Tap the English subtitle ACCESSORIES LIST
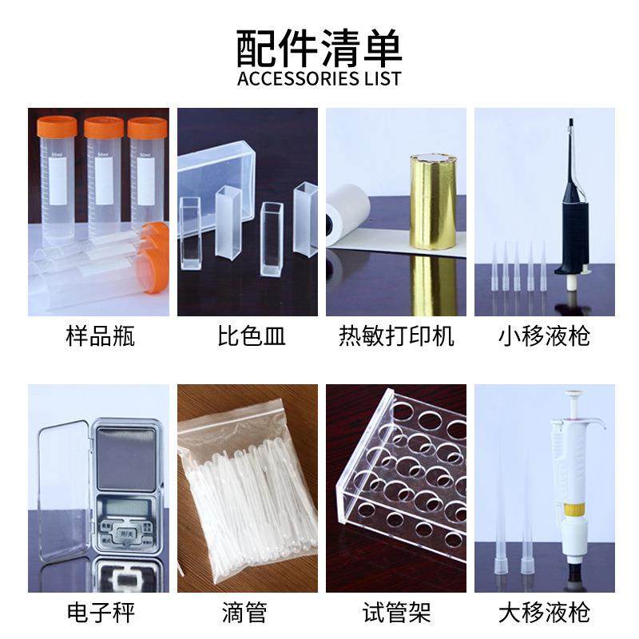319,79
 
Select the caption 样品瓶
100,336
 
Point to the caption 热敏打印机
396,336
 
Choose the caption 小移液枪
545,336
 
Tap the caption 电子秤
100,613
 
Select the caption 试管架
396,613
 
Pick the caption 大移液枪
545,613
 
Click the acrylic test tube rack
399,479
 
